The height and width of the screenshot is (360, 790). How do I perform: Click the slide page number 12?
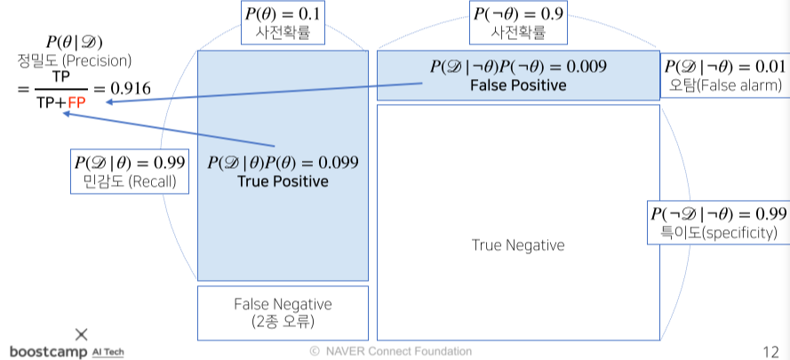tap(771, 350)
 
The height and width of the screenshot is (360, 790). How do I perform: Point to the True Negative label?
tap(517, 245)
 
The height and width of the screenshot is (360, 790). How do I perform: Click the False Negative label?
tap(283, 304)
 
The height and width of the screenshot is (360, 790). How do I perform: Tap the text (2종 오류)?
tap(283, 321)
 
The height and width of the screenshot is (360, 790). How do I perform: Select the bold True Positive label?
tap(283, 181)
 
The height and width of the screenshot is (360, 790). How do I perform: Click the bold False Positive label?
tap(518, 85)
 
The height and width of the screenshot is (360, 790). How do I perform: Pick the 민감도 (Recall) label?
tap(130, 182)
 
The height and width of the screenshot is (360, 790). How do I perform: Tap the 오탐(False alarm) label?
tap(723, 86)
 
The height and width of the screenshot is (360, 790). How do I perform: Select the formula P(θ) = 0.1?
tap(283, 15)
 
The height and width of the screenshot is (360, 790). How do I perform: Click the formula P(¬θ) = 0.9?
tap(518, 15)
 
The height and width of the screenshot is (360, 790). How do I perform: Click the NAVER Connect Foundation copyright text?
tap(390, 351)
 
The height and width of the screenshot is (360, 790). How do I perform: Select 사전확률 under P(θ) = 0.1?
tap(283, 34)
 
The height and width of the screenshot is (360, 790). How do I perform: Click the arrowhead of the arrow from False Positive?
tap(108, 102)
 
